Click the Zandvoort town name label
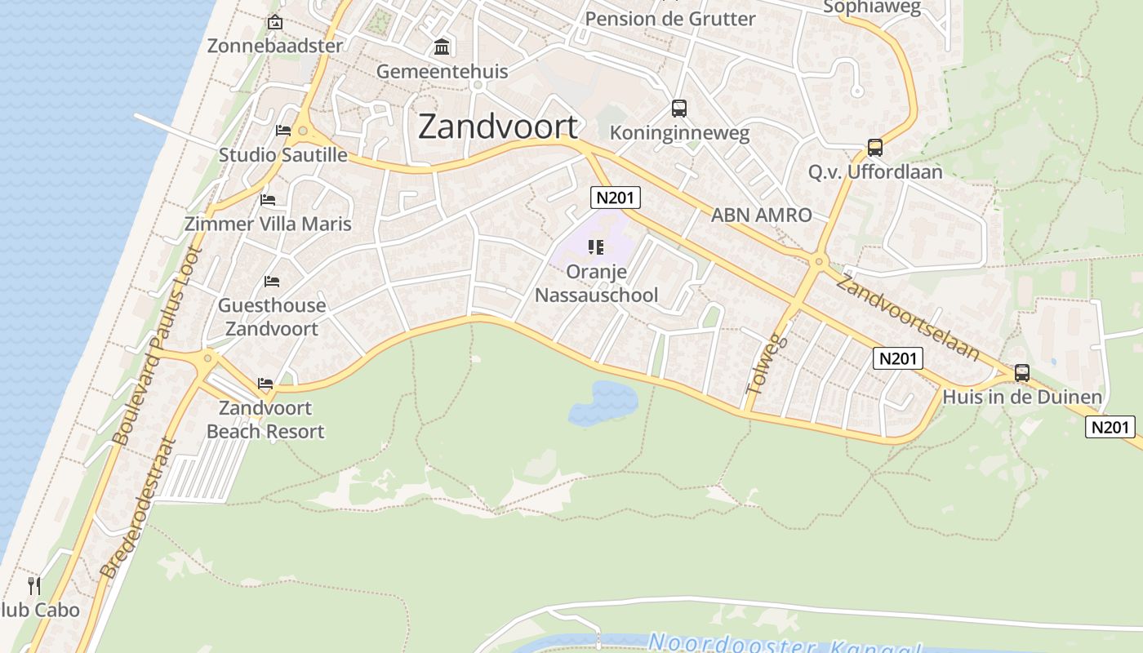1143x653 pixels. pyautogui.click(x=498, y=127)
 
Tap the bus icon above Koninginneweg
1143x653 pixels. pyautogui.click(x=678, y=108)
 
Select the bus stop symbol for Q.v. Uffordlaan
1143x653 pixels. pyautogui.click(x=875, y=148)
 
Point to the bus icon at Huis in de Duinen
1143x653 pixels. pyautogui.click(x=1021, y=373)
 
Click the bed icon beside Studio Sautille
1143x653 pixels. pyautogui.click(x=283, y=131)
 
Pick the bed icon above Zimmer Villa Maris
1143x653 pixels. pyautogui.click(x=268, y=200)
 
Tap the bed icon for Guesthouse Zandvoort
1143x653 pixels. pyautogui.click(x=272, y=282)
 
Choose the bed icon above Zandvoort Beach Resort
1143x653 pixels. pyautogui.click(x=265, y=383)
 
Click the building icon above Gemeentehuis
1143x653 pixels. pyautogui.click(x=442, y=47)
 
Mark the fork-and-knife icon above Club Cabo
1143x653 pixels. pyautogui.click(x=34, y=585)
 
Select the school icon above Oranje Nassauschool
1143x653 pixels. pyautogui.click(x=596, y=247)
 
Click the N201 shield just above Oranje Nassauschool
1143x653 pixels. pyautogui.click(x=616, y=198)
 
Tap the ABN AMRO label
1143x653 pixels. pyautogui.click(x=761, y=215)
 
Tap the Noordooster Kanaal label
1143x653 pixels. pyautogui.click(x=784, y=643)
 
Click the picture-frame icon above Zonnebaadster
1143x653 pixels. pyautogui.click(x=275, y=22)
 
